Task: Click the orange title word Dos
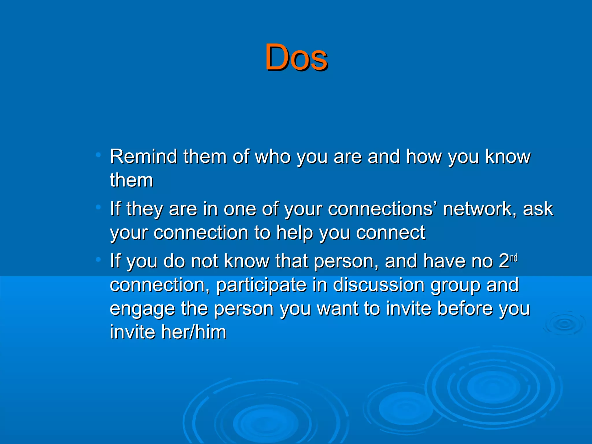point(296,57)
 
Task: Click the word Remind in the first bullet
point(143,157)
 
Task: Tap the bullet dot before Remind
point(98,155)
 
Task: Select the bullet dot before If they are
point(98,207)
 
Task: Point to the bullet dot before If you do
point(98,260)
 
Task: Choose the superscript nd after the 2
point(514,258)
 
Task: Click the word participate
point(261,285)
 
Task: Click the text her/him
point(194,332)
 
